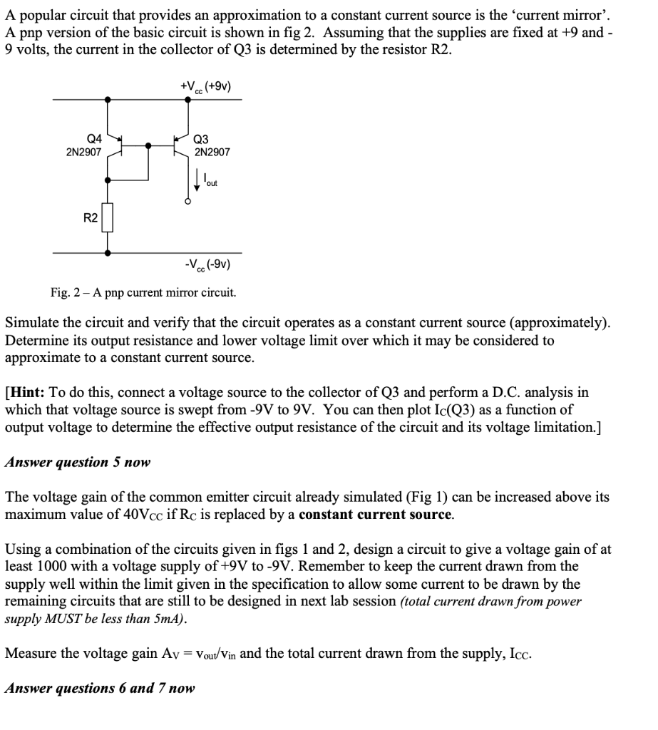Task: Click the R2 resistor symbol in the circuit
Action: [x=108, y=219]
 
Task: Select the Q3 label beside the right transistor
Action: [x=202, y=139]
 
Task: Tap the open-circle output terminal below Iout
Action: [x=188, y=202]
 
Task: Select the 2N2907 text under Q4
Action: [x=83, y=152]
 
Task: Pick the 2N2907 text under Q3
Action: [x=212, y=152]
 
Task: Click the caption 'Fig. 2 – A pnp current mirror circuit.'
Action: [x=143, y=292]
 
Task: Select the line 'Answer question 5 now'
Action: [x=78, y=462]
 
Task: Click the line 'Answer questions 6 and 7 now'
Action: [x=100, y=688]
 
